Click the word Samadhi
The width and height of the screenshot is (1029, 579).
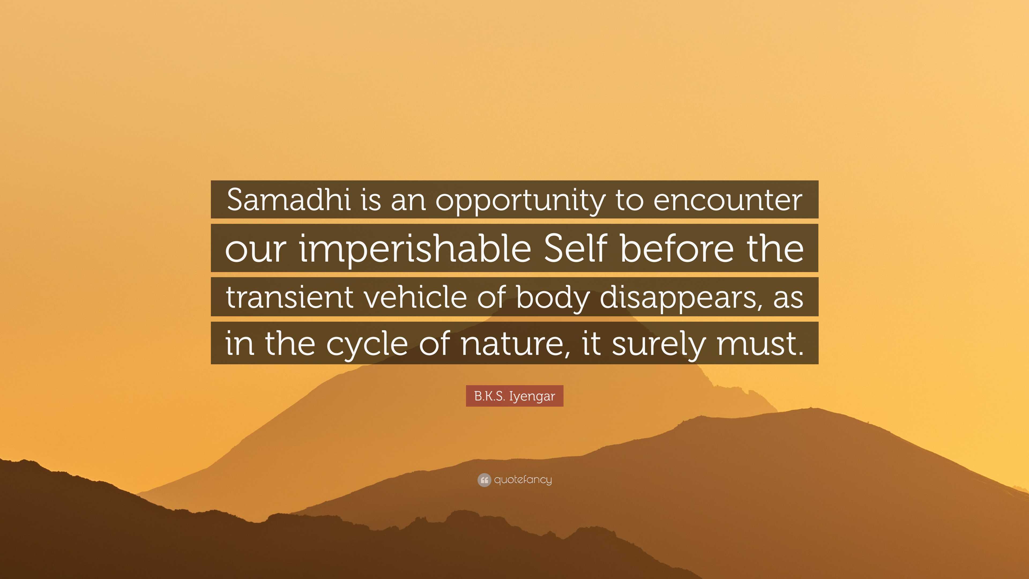tap(288, 200)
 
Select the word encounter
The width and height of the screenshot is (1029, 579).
tap(728, 200)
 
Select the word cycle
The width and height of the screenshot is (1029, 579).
tap(367, 344)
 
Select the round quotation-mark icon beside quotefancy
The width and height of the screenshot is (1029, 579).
tap(484, 480)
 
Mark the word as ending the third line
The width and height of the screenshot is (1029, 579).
tap(788, 298)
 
